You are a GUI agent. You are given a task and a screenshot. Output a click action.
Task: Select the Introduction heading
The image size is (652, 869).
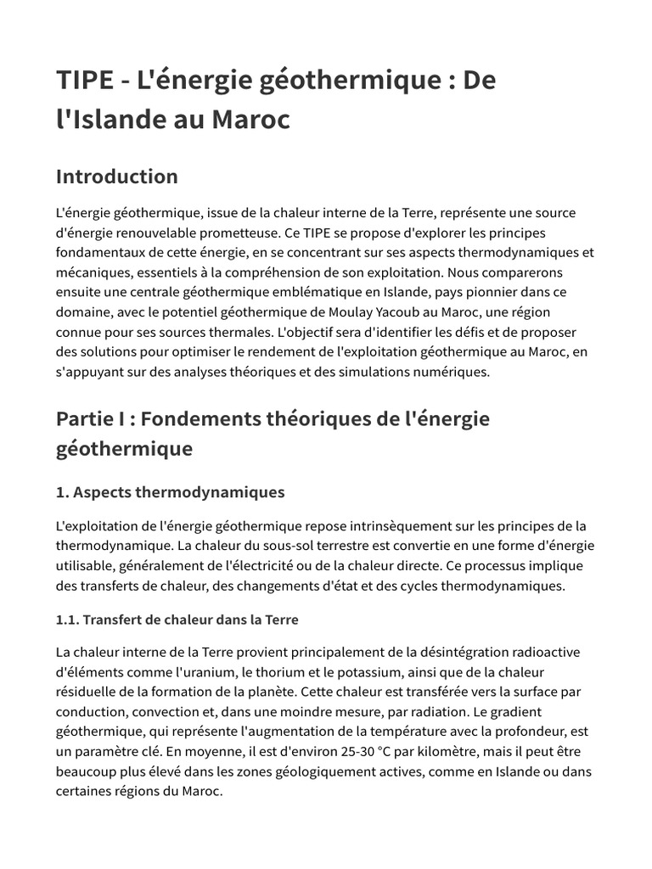pos(117,177)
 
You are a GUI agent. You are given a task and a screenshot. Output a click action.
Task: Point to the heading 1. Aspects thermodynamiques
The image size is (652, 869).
pos(171,492)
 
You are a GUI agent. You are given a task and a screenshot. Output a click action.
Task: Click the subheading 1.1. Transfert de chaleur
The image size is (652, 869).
pos(177,620)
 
